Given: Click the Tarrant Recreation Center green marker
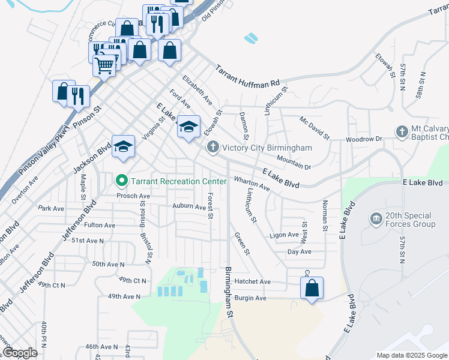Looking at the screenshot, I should point(121,180).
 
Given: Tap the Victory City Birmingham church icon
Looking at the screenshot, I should point(212,147).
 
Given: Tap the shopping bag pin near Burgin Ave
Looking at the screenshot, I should point(312,289).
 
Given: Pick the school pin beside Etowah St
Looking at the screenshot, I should point(188,127).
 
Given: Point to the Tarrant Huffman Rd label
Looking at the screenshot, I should point(248,75).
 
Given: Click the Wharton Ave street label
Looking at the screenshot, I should point(252,184).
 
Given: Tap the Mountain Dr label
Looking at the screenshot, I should point(294,162).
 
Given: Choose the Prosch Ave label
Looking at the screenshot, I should point(133,196).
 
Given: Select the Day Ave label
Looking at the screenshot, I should point(298,251).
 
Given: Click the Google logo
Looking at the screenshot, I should point(20,353).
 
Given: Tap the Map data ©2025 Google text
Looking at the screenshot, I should point(412,355).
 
